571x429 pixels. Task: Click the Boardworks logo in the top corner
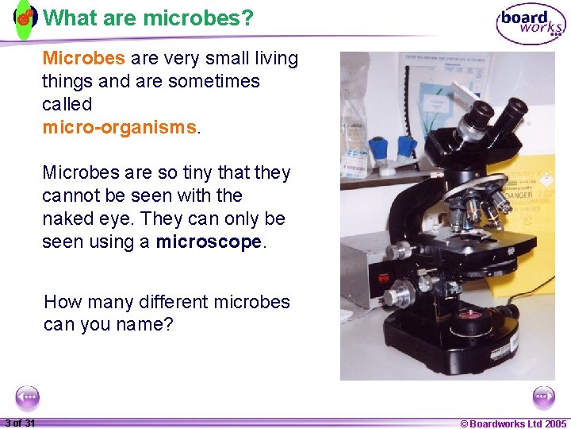coord(531,24)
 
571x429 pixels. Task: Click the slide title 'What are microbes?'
coord(148,17)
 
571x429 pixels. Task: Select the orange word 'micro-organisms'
coord(119,127)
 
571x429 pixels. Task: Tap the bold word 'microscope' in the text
coord(209,242)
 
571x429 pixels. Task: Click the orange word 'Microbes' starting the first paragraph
coord(83,58)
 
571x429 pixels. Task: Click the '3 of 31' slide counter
coord(19,423)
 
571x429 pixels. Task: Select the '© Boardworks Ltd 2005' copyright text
coord(513,423)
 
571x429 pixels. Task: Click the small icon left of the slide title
coord(25,17)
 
